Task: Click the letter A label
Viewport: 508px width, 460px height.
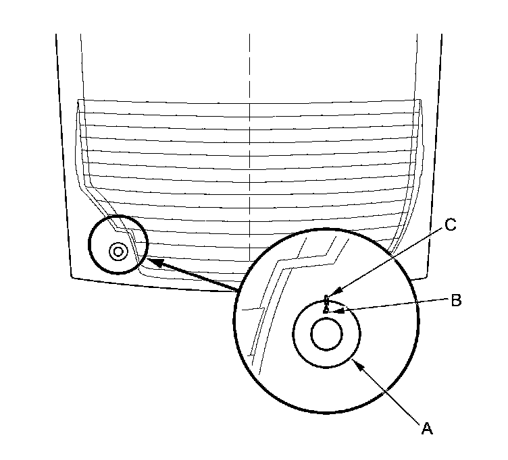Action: pyautogui.click(x=426, y=427)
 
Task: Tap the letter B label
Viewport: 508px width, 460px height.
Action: pyautogui.click(x=456, y=301)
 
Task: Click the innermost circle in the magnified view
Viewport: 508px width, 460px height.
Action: pyautogui.click(x=326, y=335)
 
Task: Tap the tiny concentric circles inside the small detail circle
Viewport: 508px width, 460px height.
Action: pyautogui.click(x=118, y=252)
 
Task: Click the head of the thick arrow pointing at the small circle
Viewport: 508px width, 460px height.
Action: pyautogui.click(x=149, y=260)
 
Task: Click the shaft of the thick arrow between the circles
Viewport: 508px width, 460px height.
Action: pyautogui.click(x=196, y=275)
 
